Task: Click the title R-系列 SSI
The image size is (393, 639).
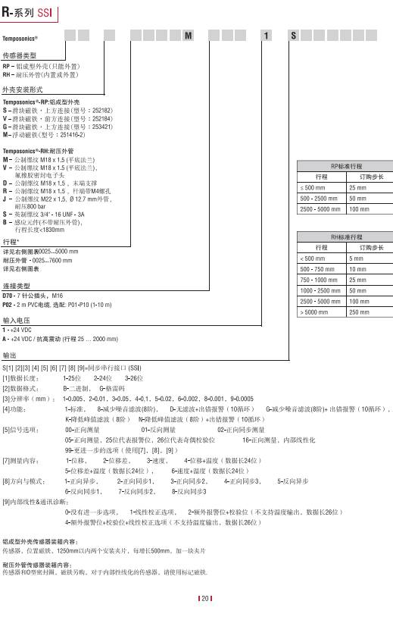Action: (25, 9)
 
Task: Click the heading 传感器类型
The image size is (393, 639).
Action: (20, 57)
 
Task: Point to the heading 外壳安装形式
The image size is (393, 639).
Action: (23, 89)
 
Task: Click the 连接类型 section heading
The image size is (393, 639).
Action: (17, 285)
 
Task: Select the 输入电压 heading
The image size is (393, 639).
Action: (17, 321)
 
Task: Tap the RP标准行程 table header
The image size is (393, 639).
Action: (346, 165)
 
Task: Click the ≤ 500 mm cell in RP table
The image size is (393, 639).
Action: (313, 186)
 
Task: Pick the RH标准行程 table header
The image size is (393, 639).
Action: (346, 237)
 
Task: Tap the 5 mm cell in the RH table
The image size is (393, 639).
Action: (356, 258)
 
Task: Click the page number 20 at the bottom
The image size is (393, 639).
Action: (204, 599)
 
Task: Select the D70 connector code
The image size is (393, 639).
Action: (9, 295)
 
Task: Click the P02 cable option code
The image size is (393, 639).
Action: (9, 303)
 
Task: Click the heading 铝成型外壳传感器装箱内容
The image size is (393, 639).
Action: (39, 540)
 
